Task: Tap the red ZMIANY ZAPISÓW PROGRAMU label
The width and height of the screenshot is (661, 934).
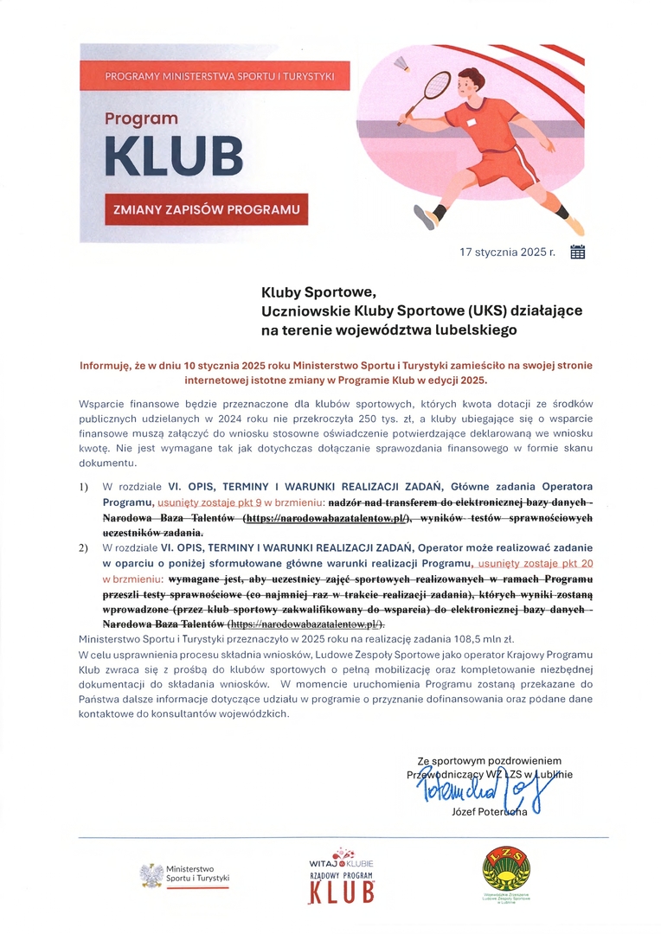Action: click(204, 209)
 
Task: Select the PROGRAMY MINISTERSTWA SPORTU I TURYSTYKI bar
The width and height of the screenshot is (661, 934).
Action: click(219, 76)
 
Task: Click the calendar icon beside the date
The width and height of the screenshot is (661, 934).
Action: click(578, 253)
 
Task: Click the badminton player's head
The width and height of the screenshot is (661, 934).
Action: click(472, 85)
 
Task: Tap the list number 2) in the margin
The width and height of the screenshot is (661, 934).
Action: click(84, 547)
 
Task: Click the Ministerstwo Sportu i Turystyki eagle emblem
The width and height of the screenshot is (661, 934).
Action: click(151, 874)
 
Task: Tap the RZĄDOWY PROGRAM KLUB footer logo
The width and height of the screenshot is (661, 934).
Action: click(342, 879)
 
